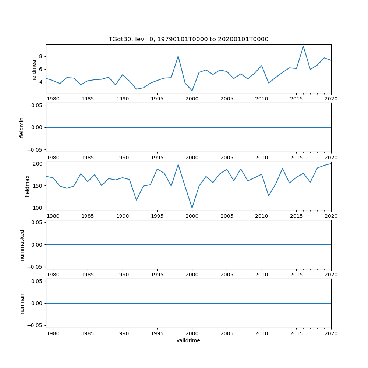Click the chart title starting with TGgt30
tap(188, 39)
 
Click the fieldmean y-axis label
tap(34, 69)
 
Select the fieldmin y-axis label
tap(22, 128)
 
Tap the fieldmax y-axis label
tap(27, 186)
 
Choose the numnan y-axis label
tap(22, 303)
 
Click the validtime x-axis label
tap(188, 340)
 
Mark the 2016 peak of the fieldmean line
tap(303, 46)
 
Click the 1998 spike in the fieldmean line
tap(178, 56)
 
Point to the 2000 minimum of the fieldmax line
tap(192, 208)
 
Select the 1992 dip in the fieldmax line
tap(136, 200)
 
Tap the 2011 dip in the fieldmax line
tap(269, 196)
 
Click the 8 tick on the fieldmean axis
tap(41, 56)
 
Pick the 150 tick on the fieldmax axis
tap(39, 186)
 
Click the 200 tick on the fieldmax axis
tap(39, 164)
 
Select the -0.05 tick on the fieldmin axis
tap(37, 149)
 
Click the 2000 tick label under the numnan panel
tap(192, 333)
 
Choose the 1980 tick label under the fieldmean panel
tap(53, 99)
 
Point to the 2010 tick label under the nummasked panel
tap(261, 275)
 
